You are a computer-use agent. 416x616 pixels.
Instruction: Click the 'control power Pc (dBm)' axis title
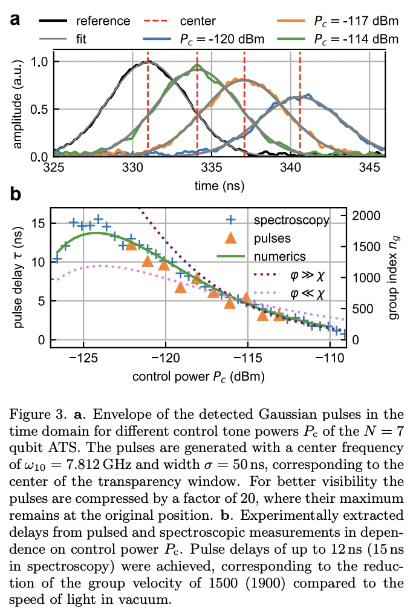[198, 376]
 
